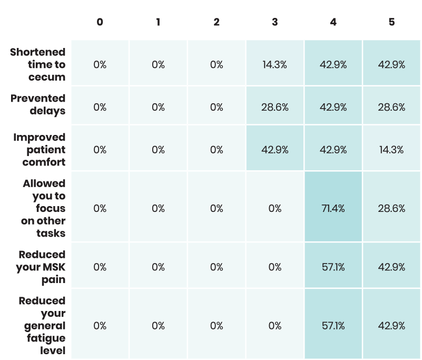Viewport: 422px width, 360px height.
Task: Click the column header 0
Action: pos(100,22)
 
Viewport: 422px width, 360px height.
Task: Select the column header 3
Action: pos(275,22)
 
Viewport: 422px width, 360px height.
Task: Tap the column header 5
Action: pos(391,22)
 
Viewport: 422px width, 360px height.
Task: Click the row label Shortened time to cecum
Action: pos(37,64)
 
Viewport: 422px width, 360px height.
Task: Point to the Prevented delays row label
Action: pos(38,104)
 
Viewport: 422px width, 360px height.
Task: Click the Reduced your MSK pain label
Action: pos(41,267)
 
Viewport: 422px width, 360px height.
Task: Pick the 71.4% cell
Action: pos(333,208)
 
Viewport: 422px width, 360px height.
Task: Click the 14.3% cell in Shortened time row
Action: pos(275,65)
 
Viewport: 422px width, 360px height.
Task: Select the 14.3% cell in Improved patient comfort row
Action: pos(391,150)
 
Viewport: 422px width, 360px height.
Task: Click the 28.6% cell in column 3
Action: pos(275,107)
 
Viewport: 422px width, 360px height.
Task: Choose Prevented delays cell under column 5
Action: pos(391,107)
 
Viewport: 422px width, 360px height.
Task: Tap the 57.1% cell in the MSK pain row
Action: pos(333,267)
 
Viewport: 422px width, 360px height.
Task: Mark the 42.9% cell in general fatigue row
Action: pos(391,326)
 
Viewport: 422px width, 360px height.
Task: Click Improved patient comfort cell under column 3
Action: pos(275,150)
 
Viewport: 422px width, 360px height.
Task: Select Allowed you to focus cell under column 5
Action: pos(391,208)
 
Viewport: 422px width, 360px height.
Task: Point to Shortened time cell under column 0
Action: pos(100,65)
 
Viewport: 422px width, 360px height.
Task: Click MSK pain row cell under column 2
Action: pos(217,267)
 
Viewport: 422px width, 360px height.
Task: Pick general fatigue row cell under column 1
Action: pos(158,326)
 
